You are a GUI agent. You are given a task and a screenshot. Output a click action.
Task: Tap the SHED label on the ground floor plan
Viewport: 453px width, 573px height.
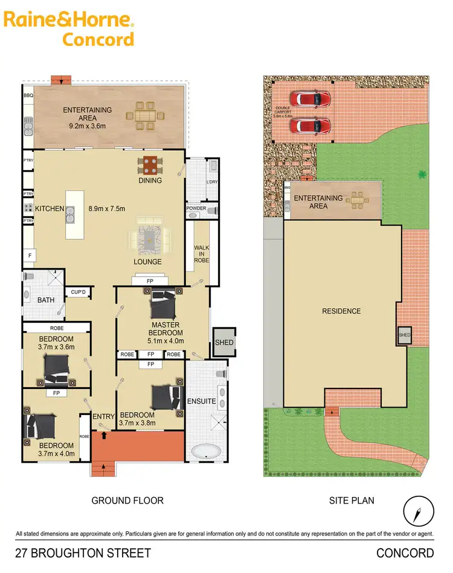223,343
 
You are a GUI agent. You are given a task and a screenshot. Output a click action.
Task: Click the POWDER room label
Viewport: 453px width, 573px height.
196,209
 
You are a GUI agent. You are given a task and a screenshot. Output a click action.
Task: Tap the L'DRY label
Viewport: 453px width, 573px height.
211,182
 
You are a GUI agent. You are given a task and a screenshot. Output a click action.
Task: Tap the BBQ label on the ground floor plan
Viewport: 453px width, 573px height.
27,95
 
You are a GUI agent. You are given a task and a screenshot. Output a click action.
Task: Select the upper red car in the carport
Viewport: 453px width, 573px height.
310,98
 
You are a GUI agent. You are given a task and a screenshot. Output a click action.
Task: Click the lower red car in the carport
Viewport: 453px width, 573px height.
310,125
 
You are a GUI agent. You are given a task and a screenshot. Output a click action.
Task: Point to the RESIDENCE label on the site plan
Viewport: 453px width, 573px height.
341,311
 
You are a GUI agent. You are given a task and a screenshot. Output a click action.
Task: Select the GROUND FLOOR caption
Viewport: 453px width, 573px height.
127,500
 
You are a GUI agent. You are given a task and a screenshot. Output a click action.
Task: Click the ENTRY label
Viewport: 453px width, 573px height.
104,416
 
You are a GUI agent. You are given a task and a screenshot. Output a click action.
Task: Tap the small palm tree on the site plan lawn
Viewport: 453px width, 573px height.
421,174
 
